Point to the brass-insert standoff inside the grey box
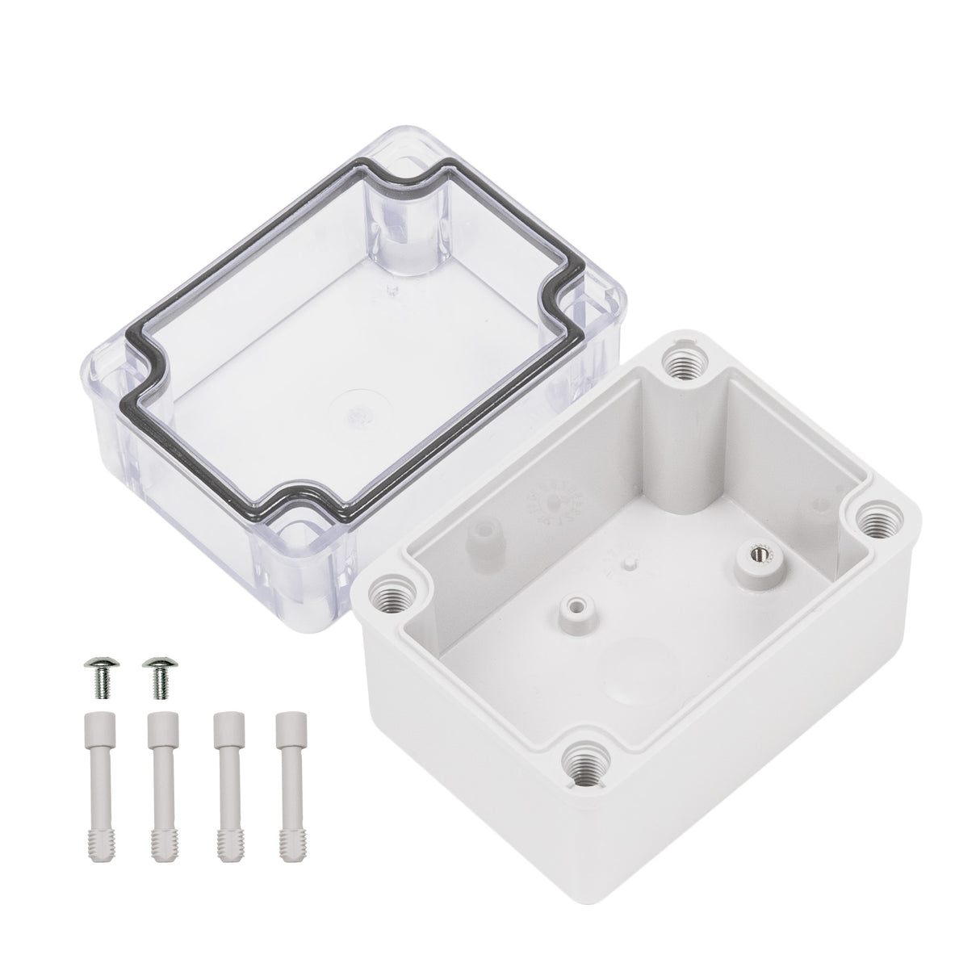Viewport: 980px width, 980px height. tap(756, 557)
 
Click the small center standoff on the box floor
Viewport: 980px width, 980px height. tap(575, 604)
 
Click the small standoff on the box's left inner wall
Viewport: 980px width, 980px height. tap(485, 534)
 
